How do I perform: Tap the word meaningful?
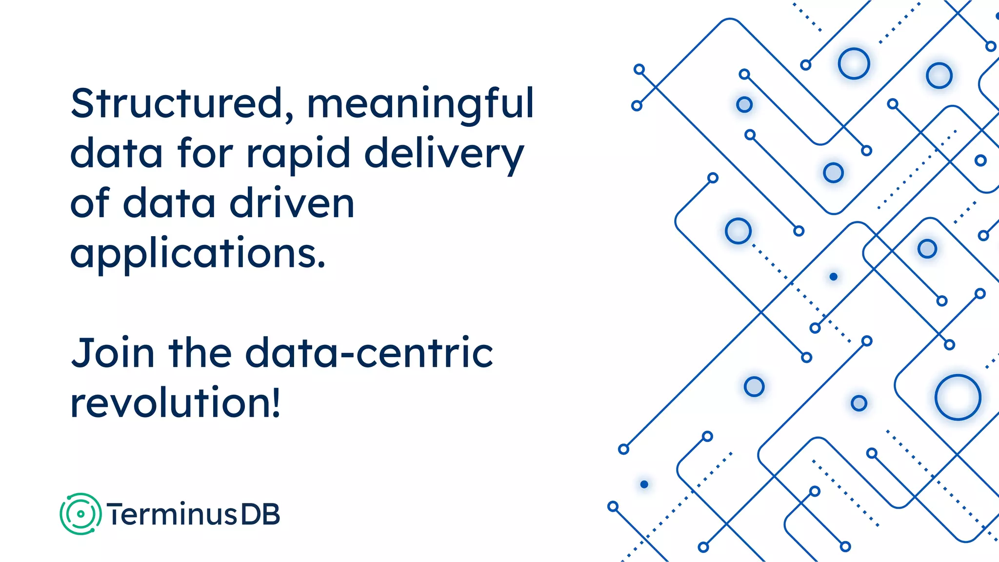tap(420, 105)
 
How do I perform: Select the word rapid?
tap(298, 154)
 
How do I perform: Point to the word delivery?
tap(444, 154)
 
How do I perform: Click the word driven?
tap(292, 203)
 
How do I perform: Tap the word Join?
tap(113, 353)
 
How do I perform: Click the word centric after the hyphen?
tap(425, 353)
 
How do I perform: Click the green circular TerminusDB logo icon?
tap(80, 514)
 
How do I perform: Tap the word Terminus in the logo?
tap(172, 515)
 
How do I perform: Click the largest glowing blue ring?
tap(958, 398)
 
